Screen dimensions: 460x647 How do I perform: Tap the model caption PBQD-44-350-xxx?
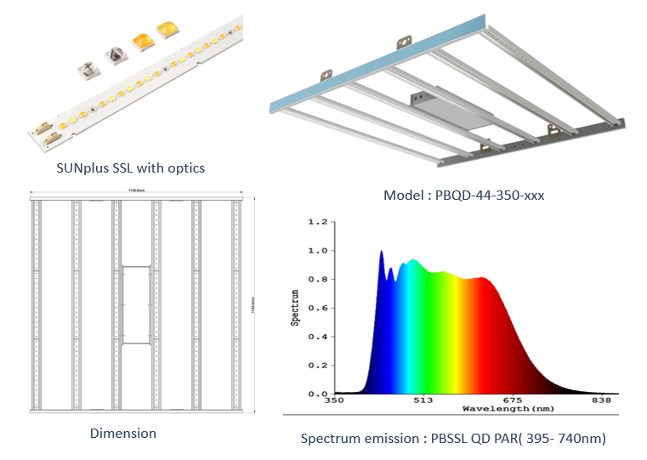click(x=464, y=195)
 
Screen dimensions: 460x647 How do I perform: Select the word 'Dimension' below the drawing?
click(x=123, y=433)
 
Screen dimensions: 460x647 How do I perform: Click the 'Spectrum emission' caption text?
click(x=452, y=439)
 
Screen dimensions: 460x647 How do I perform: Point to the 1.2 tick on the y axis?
click(x=317, y=222)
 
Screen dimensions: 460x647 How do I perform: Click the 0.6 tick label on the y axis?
click(x=317, y=309)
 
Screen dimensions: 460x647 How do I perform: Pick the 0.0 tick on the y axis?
click(x=317, y=395)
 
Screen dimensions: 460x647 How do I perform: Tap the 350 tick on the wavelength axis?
click(x=334, y=400)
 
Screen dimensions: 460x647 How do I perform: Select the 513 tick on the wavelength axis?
click(x=423, y=400)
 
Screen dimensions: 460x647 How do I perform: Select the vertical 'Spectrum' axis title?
click(x=295, y=308)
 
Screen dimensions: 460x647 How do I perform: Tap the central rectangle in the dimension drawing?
click(x=136, y=304)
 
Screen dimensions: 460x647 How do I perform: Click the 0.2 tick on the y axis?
click(x=317, y=366)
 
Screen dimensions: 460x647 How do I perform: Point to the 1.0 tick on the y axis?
click(x=317, y=251)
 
